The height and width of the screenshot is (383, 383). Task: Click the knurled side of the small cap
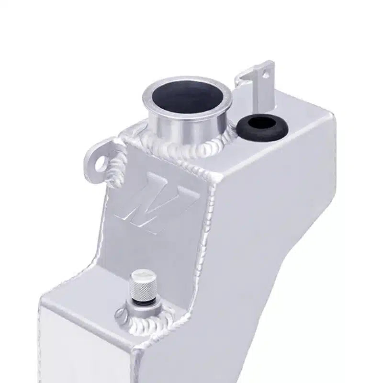139,287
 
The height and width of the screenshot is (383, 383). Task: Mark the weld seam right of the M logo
203,211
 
